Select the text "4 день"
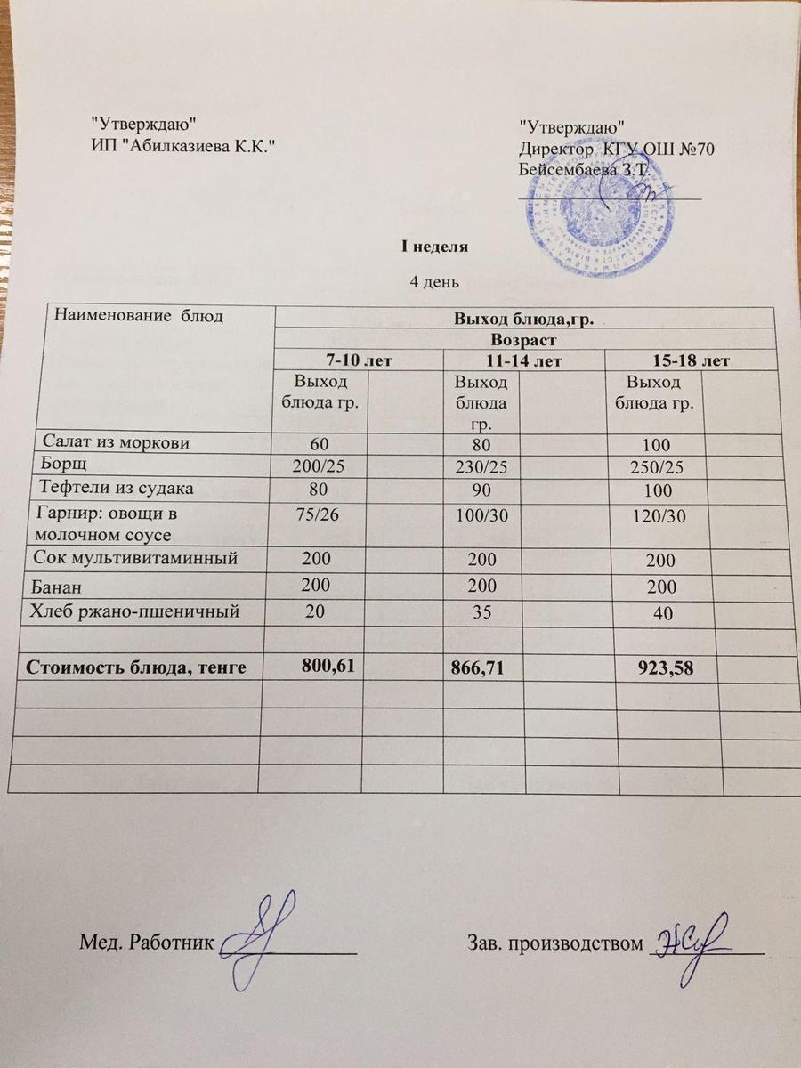click(433, 282)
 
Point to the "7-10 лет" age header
click(357, 360)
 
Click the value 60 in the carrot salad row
click(318, 442)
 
